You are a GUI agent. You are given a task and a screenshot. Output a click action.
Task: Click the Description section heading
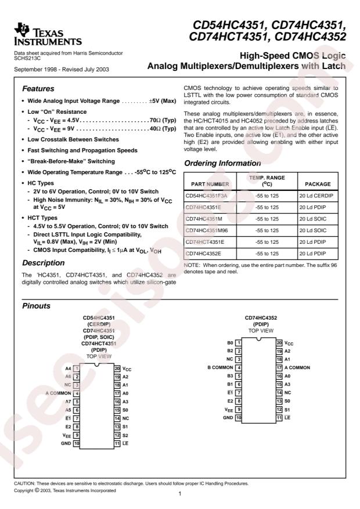pyautogui.click(x=44, y=262)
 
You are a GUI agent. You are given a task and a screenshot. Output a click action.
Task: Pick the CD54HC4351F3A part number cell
pyautogui.click(x=207, y=196)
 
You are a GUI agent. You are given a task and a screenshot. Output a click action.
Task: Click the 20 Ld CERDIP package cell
pyautogui.click(x=318, y=196)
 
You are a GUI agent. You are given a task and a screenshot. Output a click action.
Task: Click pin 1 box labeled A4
pyautogui.click(x=75, y=369)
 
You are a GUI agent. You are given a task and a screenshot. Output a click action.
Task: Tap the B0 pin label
pyautogui.click(x=230, y=343)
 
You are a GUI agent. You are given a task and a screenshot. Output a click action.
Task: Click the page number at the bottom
pyautogui.click(x=180, y=493)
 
